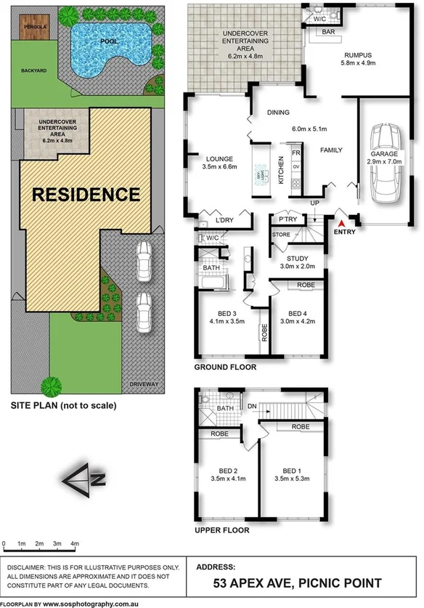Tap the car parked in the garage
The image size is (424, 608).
(384, 166)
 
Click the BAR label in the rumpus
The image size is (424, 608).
(328, 33)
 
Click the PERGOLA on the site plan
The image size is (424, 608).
(36, 29)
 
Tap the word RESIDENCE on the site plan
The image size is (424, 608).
(85, 194)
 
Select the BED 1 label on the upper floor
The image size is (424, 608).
(292, 470)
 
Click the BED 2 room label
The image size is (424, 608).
(219, 470)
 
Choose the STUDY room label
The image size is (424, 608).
(298, 259)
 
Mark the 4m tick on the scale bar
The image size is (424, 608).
(75, 543)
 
